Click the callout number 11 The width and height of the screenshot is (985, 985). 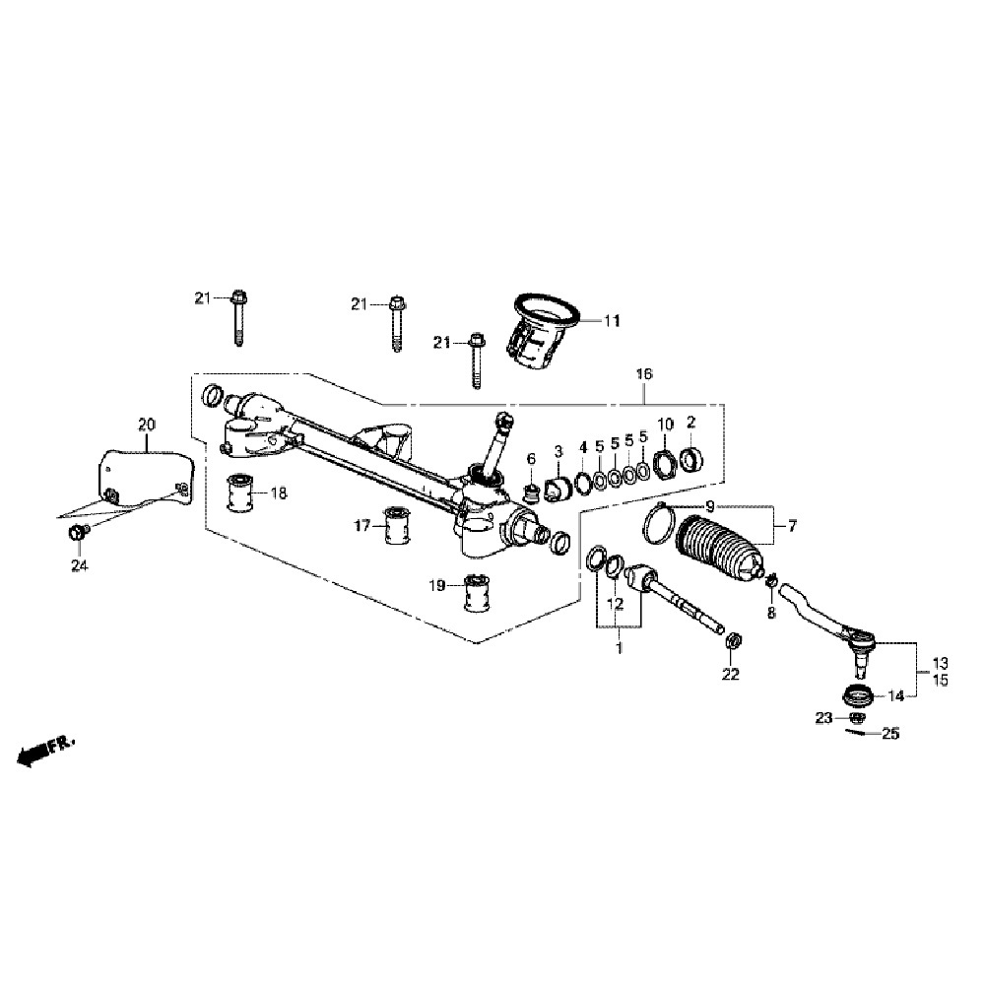(x=612, y=321)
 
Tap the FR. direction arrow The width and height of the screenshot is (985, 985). (x=45, y=750)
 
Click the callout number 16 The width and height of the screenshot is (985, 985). (x=644, y=374)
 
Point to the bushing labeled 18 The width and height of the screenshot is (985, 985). (x=238, y=493)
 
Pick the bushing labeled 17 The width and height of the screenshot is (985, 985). (x=397, y=525)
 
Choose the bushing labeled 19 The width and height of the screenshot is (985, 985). (x=477, y=592)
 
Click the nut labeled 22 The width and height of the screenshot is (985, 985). (x=733, y=642)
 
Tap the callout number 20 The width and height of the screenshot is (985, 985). (x=147, y=425)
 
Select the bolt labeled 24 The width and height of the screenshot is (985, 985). (x=77, y=533)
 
